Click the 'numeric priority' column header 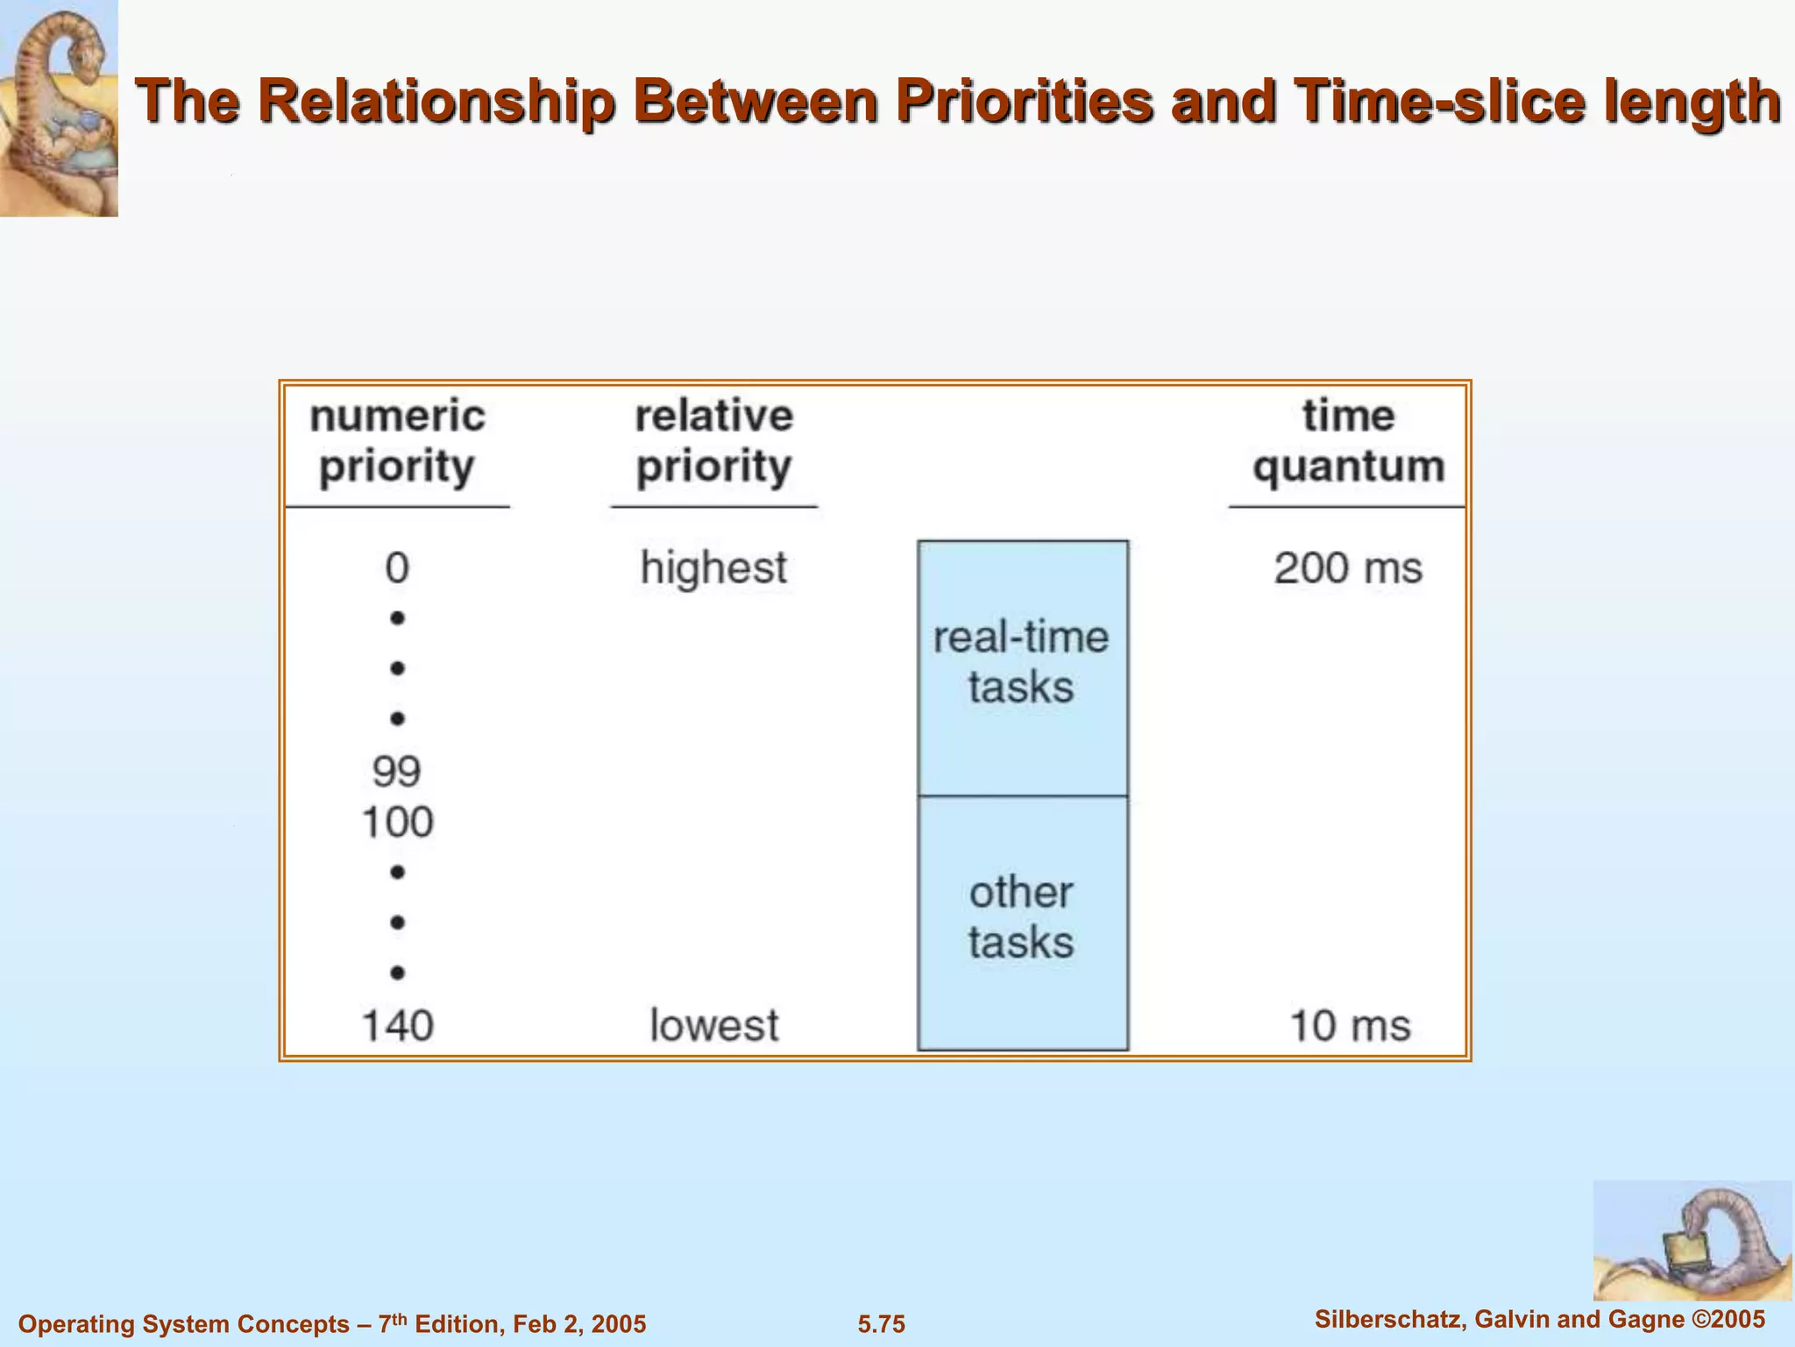tap(397, 441)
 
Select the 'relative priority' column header tap(713, 441)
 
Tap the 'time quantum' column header tap(1348, 441)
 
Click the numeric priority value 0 tap(397, 568)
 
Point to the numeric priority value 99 tap(397, 772)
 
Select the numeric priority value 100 tap(397, 823)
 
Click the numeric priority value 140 tap(397, 1025)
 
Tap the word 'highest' tap(713, 568)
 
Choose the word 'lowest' tap(713, 1025)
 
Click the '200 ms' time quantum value tap(1348, 568)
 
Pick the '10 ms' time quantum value tap(1350, 1025)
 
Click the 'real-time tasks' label tap(1021, 662)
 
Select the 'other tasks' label tap(1021, 917)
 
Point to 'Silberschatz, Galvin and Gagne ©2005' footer tap(1540, 1319)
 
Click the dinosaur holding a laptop tap(1692, 1241)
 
